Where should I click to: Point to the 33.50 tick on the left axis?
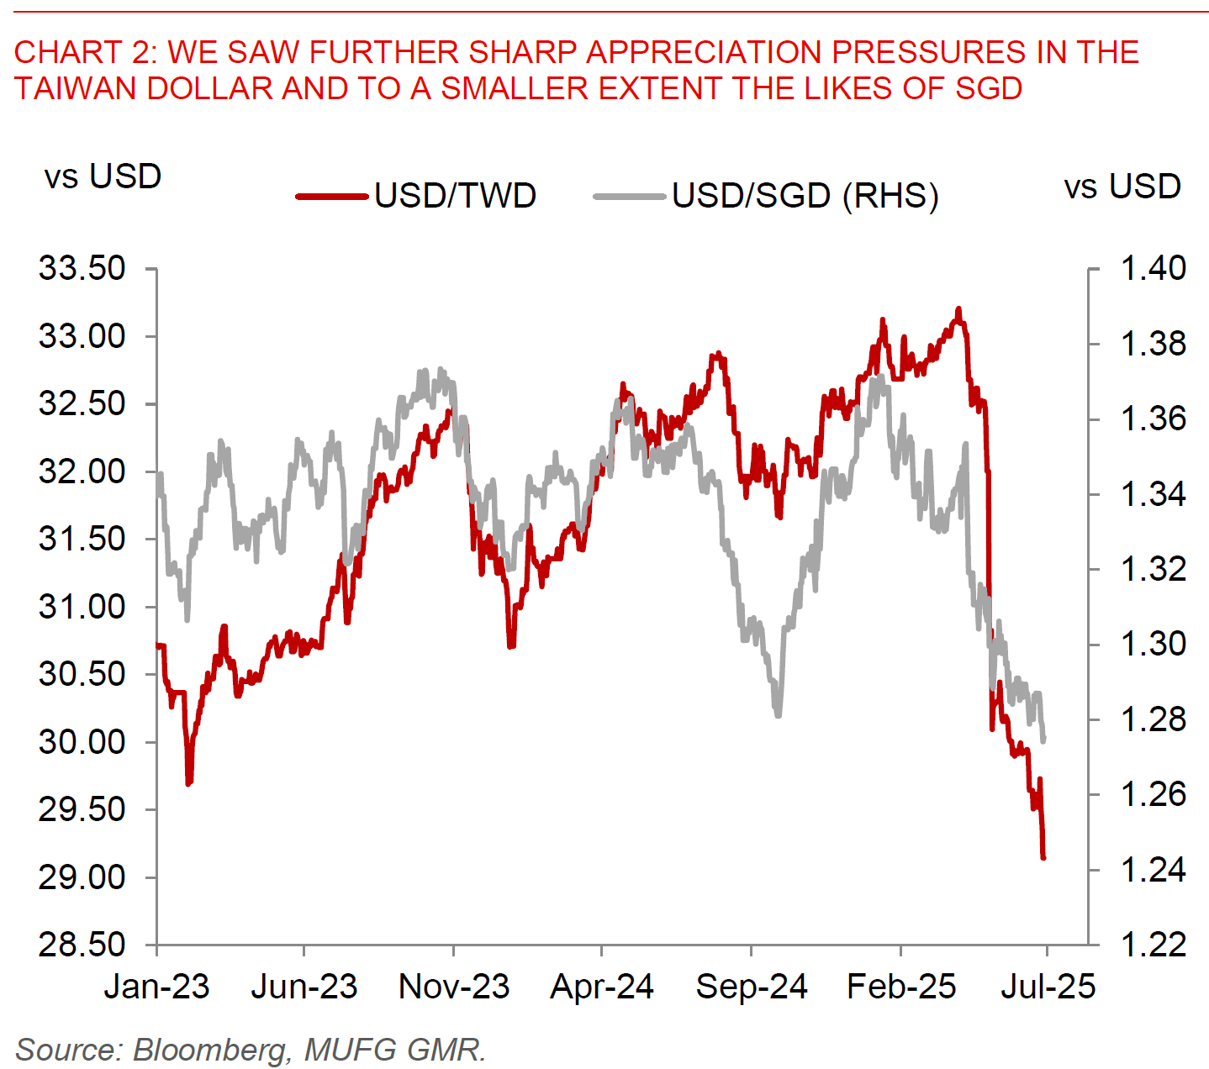82,269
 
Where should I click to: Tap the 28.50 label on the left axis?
82,945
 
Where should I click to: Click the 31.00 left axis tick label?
82,606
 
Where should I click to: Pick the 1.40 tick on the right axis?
1153,269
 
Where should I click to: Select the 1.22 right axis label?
1153,945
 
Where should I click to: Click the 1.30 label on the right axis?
1153,645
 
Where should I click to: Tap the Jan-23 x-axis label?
157,987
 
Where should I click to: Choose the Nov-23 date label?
454,987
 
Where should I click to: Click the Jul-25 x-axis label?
1048,987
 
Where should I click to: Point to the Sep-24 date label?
751,987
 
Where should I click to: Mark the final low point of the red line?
1043,857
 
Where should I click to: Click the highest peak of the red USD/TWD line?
958,309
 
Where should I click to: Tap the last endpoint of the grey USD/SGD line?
1043,740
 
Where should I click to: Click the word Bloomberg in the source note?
209,1050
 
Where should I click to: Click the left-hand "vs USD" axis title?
103,177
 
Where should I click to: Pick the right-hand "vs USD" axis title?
1122,187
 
